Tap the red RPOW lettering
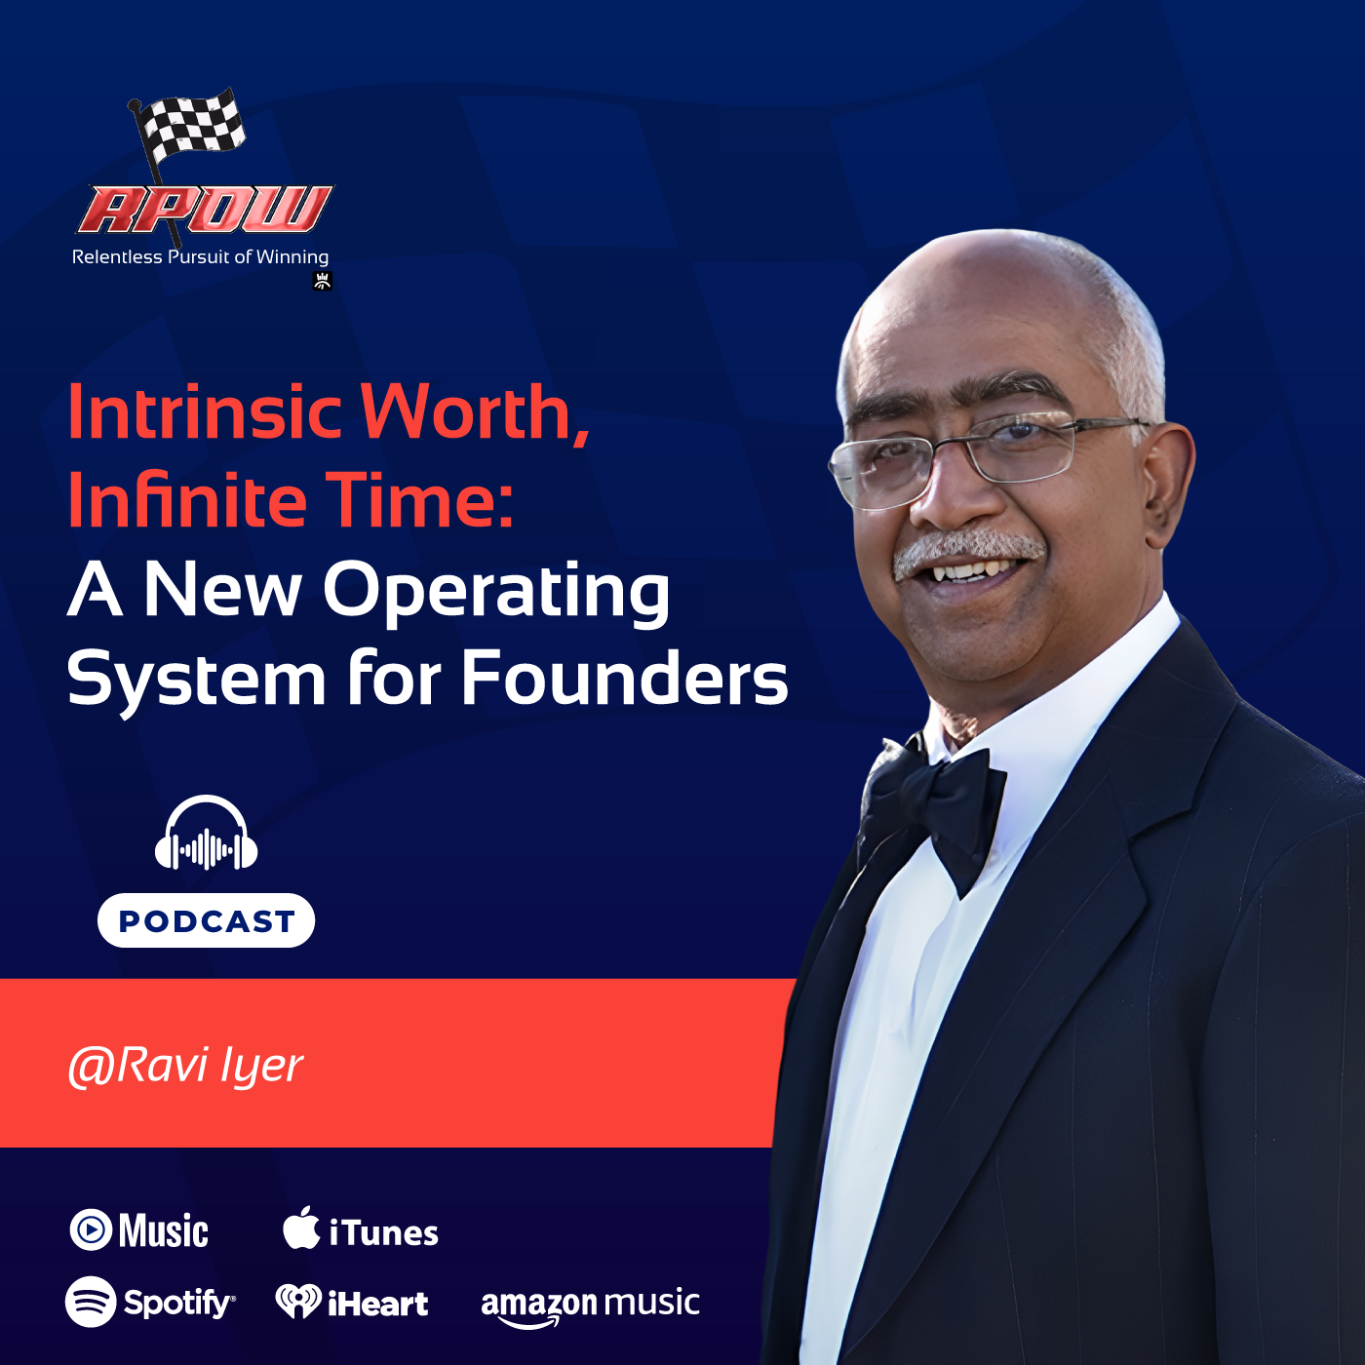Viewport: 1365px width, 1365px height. click(x=206, y=210)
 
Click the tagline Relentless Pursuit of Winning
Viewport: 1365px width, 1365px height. click(x=200, y=257)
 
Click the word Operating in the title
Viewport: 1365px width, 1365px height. click(x=496, y=592)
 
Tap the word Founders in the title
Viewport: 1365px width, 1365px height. click(x=624, y=679)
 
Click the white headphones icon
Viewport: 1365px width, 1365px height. click(x=207, y=835)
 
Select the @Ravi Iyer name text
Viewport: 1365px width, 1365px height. click(x=185, y=1066)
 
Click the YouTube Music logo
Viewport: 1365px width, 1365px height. click(x=139, y=1230)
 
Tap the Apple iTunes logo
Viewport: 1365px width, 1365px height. click(x=361, y=1231)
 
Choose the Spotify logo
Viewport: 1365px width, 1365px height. click(x=150, y=1303)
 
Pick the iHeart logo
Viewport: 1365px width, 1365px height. click(x=352, y=1303)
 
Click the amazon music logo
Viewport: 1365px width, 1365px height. click(x=590, y=1305)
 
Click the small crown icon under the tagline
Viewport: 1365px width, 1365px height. click(x=323, y=282)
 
